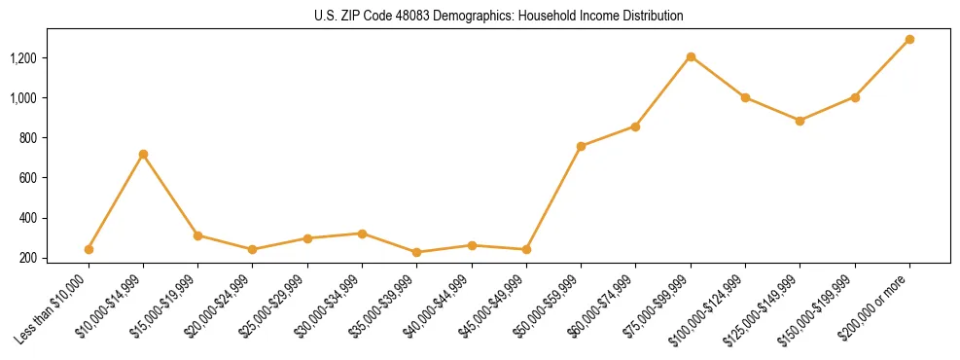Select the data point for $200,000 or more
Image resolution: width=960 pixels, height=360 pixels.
(x=909, y=40)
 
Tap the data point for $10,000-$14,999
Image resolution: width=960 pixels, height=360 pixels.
(x=143, y=154)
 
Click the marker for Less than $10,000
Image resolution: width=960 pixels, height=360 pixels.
(x=89, y=249)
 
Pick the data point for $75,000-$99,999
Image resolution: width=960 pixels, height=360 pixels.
(x=691, y=56)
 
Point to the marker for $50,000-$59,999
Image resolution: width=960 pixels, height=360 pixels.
(x=581, y=146)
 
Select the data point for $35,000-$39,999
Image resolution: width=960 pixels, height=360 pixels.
(x=416, y=252)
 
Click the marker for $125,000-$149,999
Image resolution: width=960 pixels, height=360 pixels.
(x=800, y=121)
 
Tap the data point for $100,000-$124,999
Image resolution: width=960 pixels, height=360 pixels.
(x=745, y=97)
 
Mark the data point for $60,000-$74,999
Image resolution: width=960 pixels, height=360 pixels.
(x=635, y=126)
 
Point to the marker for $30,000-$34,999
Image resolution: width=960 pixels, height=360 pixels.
(x=362, y=234)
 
